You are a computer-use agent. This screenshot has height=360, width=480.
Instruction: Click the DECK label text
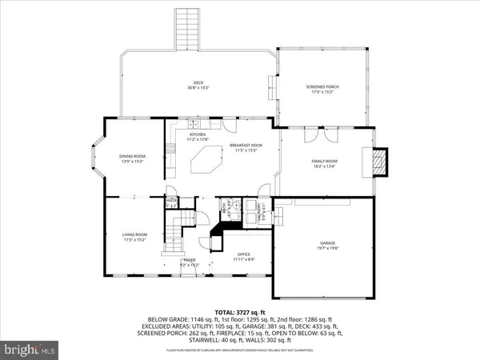197,82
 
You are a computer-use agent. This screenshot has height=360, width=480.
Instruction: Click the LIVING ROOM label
134,234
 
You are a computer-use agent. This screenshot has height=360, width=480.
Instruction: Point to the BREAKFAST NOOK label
242,145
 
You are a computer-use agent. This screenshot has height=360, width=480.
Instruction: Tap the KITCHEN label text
198,134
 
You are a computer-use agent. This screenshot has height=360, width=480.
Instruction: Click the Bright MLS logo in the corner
32,349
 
